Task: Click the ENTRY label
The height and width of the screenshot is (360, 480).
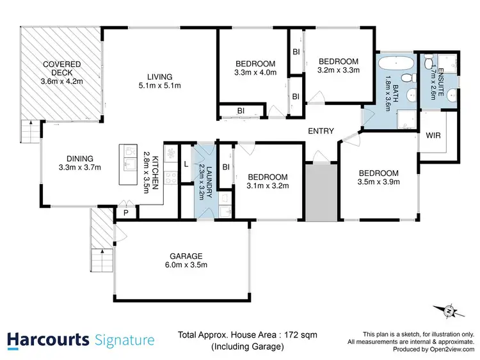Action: pos(321,131)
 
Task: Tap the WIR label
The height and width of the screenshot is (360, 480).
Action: pos(432,135)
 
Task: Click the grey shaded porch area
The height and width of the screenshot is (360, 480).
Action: pos(321,192)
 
